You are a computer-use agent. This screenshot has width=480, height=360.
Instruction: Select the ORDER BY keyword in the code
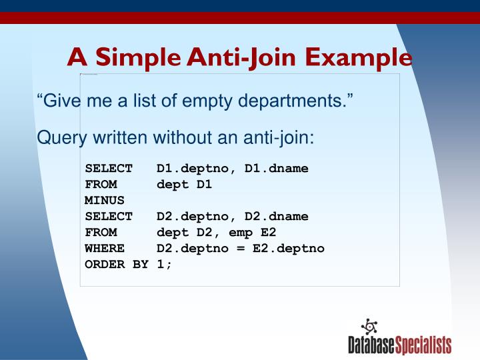pos(116,264)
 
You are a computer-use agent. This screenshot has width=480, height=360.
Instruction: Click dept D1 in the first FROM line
pos(184,184)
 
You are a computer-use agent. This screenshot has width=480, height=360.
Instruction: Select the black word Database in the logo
pos(371,345)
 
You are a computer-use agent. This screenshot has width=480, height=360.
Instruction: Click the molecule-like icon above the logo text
pos(368,326)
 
